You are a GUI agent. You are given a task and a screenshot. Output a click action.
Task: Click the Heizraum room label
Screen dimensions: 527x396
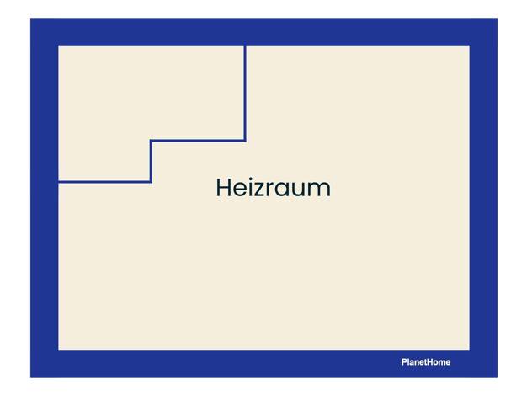pyautogui.click(x=274, y=188)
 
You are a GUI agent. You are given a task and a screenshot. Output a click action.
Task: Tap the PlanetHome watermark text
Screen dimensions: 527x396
pyautogui.click(x=426, y=362)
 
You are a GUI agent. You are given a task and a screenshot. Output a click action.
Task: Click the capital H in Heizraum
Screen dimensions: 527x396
pyautogui.click(x=223, y=188)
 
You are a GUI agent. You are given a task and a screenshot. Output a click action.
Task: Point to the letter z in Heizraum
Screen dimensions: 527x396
pyautogui.click(x=258, y=190)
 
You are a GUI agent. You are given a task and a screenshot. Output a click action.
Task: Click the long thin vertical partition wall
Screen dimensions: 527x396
pyautogui.click(x=245, y=94)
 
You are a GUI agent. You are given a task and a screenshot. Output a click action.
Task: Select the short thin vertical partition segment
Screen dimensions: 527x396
pyautogui.click(x=151, y=162)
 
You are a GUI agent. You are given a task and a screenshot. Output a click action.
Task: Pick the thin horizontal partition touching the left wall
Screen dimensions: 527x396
pyautogui.click(x=104, y=182)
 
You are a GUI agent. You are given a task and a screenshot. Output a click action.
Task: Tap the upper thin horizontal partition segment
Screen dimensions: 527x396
pyautogui.click(x=198, y=141)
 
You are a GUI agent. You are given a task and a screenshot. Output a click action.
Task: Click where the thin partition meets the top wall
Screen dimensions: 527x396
pyautogui.click(x=245, y=46)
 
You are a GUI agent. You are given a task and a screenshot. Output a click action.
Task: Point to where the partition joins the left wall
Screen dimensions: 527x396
pyautogui.click(x=59, y=182)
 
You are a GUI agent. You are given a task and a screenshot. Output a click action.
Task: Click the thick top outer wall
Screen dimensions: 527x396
pyautogui.click(x=263, y=32)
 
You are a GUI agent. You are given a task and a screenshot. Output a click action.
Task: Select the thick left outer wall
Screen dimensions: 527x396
pyautogui.click(x=45, y=198)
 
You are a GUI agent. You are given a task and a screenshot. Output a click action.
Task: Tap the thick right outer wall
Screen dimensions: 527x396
pyautogui.click(x=483, y=198)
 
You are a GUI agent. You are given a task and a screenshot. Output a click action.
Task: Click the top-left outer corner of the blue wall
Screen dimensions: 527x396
pyautogui.click(x=31, y=19)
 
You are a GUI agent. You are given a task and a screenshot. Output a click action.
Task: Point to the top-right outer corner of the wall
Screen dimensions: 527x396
pyautogui.click(x=497, y=19)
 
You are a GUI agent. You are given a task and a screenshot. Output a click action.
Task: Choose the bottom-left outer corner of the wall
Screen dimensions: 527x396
pyautogui.click(x=31, y=377)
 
